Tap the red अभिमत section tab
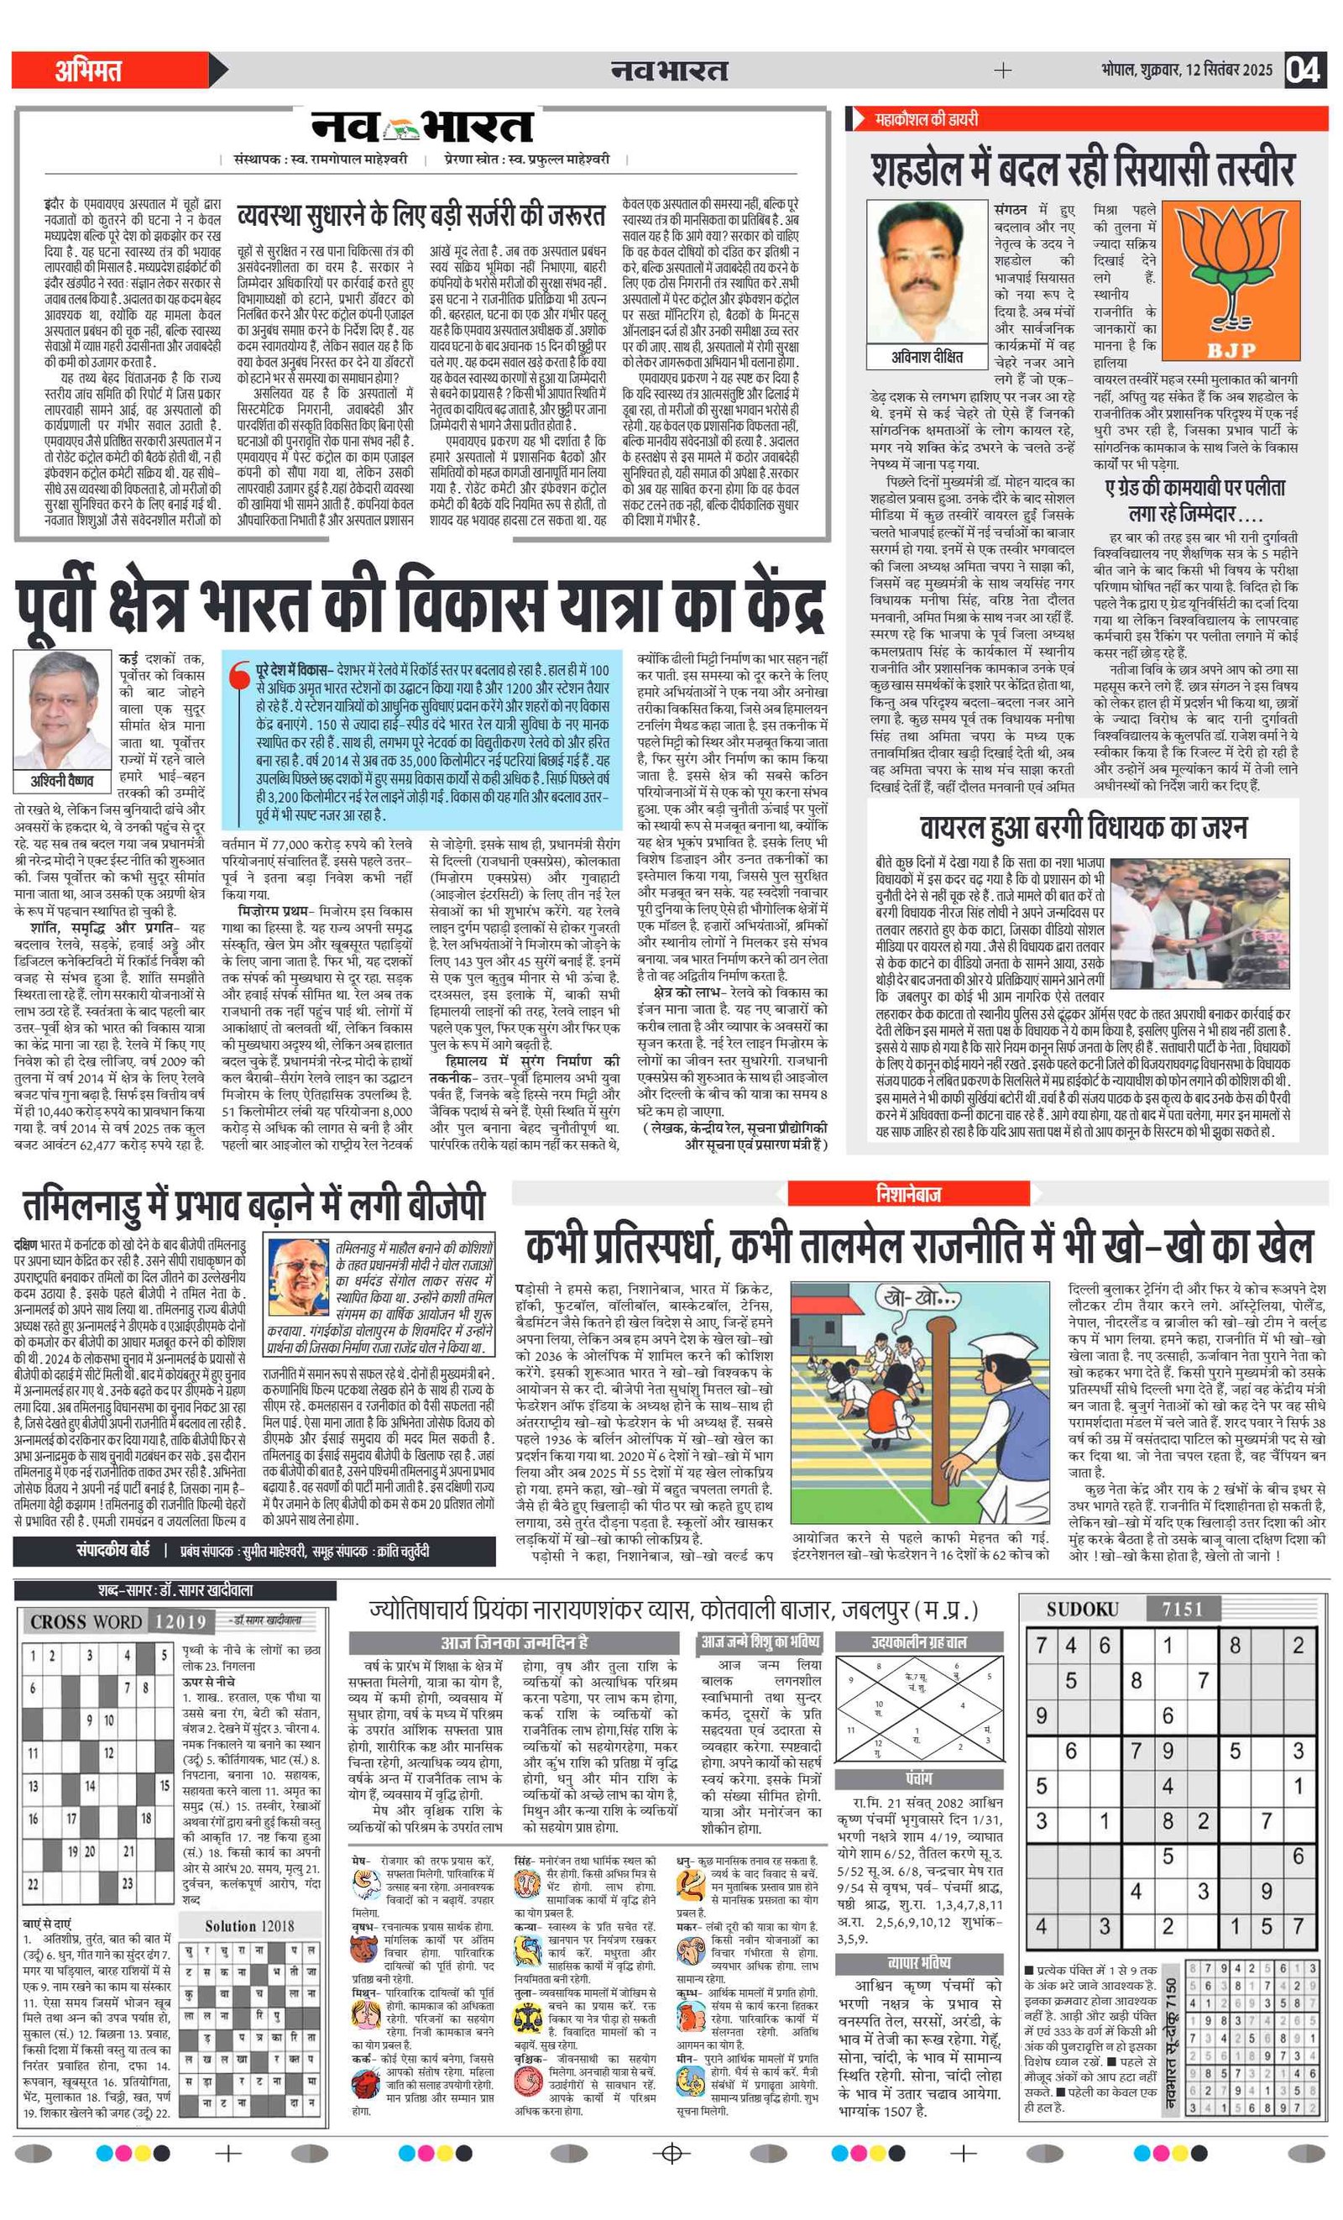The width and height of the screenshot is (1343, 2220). pos(90,71)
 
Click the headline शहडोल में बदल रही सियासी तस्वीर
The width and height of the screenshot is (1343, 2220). pos(1083,169)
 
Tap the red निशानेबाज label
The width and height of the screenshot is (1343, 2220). pos(908,1194)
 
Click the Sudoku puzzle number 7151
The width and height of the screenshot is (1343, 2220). pos(1182,1609)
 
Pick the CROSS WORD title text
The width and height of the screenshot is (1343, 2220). pos(86,1621)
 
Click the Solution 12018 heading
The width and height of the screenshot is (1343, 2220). pos(249,1926)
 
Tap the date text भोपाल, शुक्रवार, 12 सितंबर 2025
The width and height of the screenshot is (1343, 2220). pos(1186,70)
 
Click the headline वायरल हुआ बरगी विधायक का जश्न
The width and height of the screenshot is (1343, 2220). pos(1084,827)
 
